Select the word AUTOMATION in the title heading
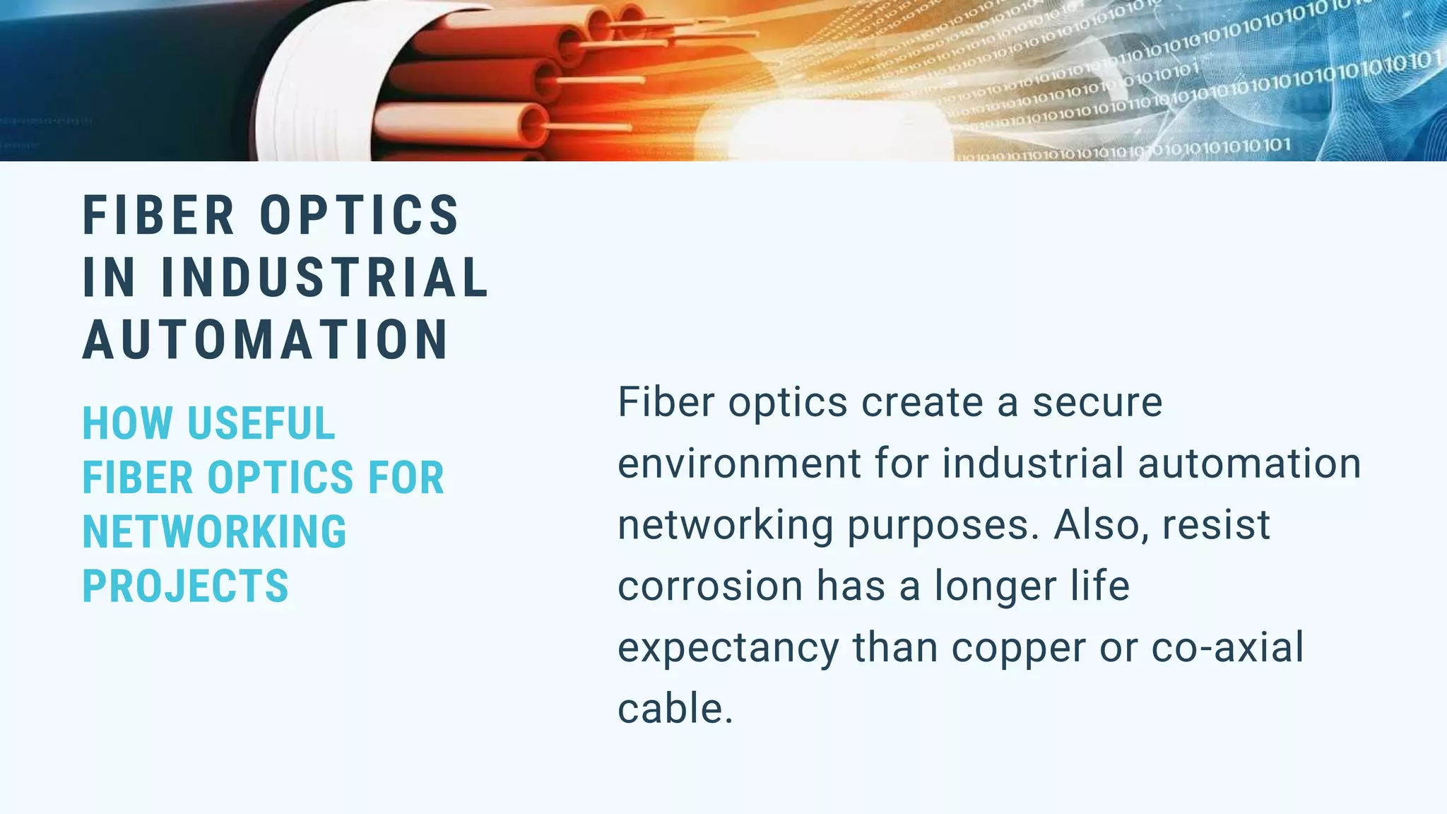click(266, 340)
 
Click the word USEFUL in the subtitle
click(261, 424)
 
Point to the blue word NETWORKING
click(215, 532)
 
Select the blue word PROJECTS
click(186, 586)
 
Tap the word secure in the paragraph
click(1097, 403)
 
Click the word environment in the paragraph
click(739, 464)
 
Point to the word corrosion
click(710, 586)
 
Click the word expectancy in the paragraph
click(728, 649)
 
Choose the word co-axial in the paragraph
click(1227, 647)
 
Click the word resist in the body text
click(1216, 525)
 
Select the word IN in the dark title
click(108, 277)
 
